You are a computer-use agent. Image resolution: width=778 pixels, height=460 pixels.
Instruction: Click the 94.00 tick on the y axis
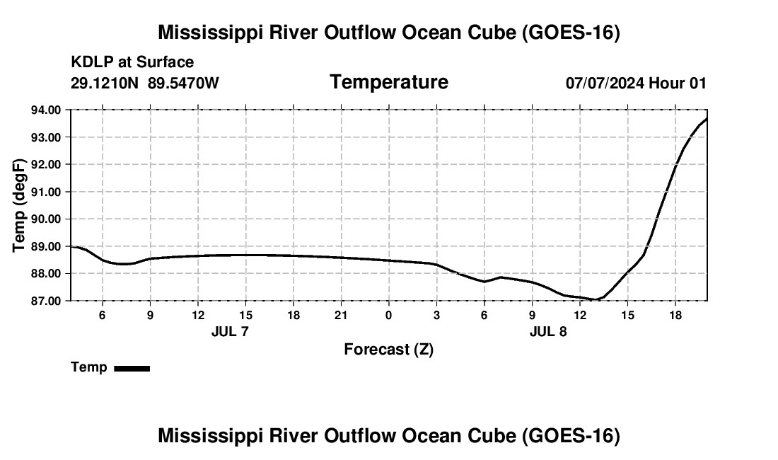(x=46, y=110)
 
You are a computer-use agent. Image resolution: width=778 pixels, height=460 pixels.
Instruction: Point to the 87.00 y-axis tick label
(x=46, y=301)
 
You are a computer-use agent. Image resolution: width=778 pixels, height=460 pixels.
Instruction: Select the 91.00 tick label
(x=46, y=192)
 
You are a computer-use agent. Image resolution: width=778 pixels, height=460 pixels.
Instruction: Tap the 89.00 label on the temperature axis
(x=46, y=246)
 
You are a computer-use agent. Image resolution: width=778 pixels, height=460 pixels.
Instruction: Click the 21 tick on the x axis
(x=341, y=316)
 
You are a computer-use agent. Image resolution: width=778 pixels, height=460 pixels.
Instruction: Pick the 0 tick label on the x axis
(x=388, y=316)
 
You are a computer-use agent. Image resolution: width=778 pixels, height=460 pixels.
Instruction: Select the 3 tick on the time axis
(x=436, y=316)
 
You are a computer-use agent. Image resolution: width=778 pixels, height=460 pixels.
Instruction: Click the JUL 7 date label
(x=230, y=331)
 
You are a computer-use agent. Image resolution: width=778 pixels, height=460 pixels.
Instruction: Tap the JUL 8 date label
(x=548, y=331)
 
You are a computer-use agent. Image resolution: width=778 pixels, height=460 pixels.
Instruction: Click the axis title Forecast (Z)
(x=389, y=350)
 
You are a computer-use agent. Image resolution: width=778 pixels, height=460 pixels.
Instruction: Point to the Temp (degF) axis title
(x=19, y=205)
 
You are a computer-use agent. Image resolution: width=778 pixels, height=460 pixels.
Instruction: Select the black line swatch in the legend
(x=132, y=368)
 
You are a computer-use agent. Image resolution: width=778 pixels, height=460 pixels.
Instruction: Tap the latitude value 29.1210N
(x=105, y=83)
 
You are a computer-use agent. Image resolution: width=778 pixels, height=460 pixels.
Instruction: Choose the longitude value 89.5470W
(x=183, y=83)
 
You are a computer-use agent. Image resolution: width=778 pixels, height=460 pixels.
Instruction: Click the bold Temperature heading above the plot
(x=389, y=82)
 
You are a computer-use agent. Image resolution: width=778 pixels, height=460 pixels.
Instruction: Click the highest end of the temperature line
(x=707, y=119)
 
